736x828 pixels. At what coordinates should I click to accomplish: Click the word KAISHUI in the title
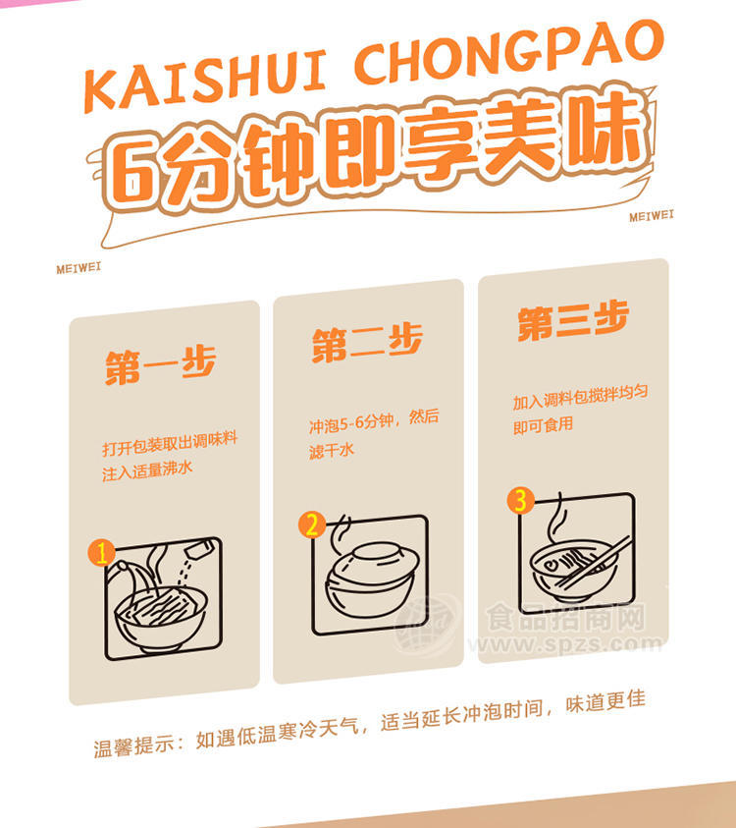(205, 80)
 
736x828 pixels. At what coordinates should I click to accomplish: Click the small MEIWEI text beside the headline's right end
(651, 215)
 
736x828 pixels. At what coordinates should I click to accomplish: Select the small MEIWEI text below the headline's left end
(79, 268)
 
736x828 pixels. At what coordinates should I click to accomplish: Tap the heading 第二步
(367, 342)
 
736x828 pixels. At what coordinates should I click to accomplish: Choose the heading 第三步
(573, 319)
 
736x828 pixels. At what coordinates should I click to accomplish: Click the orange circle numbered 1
(101, 552)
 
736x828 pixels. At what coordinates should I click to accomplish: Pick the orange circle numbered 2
(312, 524)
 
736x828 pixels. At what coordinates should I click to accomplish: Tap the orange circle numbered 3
(520, 500)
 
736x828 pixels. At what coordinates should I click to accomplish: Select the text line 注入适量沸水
(147, 470)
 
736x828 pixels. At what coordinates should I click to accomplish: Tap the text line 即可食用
(543, 425)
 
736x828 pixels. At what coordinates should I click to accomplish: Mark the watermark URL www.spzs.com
(565, 644)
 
